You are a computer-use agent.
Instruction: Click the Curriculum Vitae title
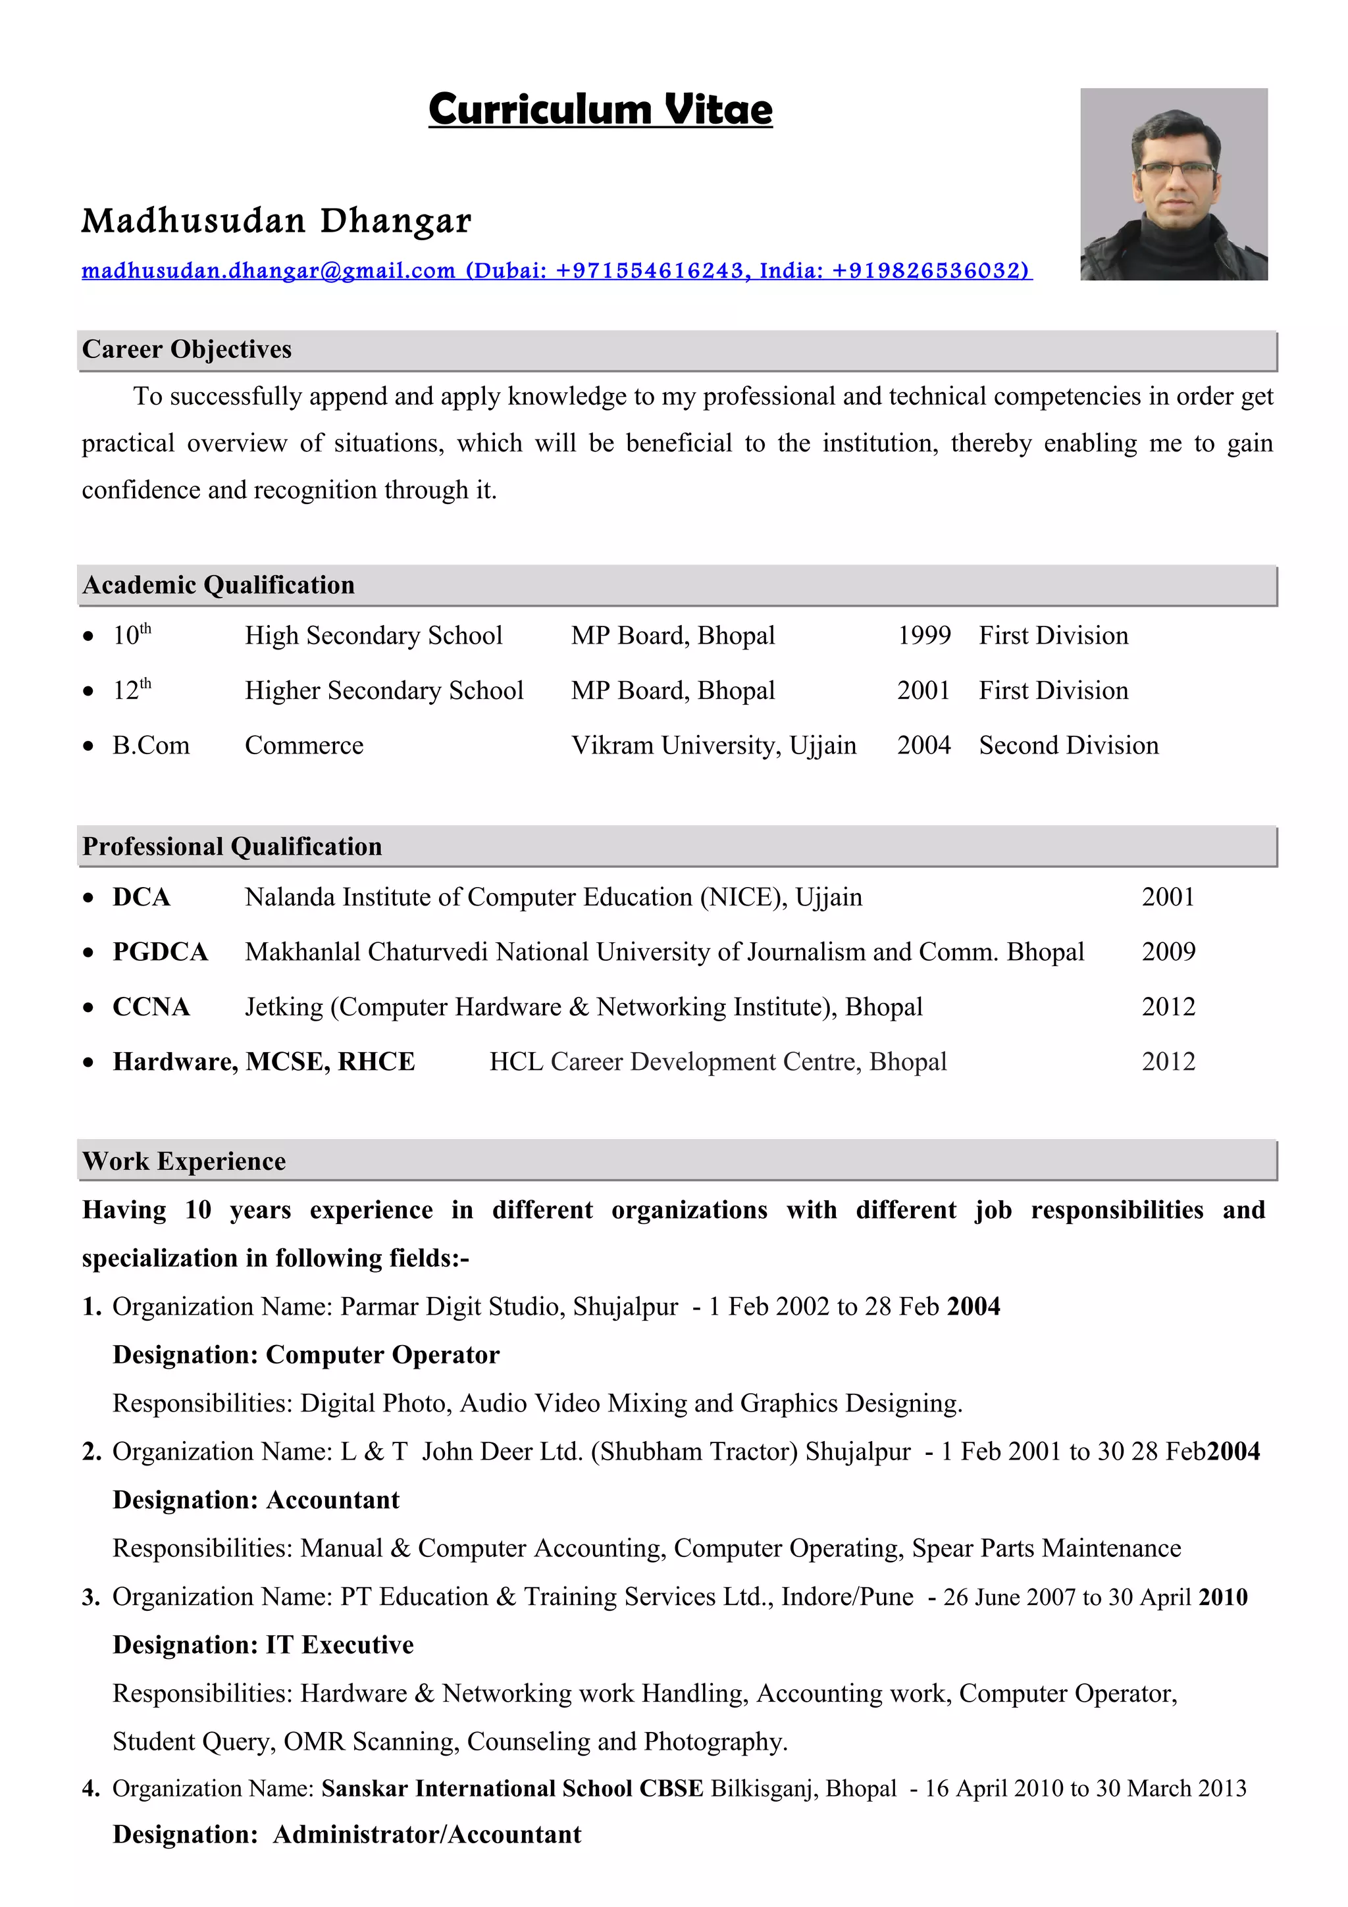coord(600,110)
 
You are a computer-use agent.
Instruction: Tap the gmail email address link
coord(269,270)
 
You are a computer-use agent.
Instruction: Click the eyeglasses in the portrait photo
coord(1176,169)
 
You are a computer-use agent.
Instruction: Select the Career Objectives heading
coord(187,349)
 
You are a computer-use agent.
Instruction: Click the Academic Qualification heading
coord(219,586)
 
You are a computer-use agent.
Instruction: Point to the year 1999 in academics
coord(923,636)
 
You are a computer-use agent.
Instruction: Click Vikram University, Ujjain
coord(713,746)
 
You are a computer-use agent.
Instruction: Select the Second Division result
coord(1068,746)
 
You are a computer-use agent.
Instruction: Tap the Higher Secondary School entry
coord(384,691)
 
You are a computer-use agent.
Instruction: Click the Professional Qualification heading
coord(232,847)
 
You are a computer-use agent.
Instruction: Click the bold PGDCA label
coord(161,952)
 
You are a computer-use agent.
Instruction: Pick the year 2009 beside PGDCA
coord(1168,952)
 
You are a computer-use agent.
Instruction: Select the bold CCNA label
coord(151,1007)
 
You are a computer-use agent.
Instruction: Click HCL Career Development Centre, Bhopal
coord(717,1062)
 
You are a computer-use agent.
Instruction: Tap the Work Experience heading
coord(184,1162)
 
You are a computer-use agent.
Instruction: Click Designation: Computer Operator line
coord(305,1356)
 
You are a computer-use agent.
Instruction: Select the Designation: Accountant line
coord(256,1501)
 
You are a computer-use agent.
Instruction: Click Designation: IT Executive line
coord(263,1645)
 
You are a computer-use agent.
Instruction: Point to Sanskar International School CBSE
coord(511,1789)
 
